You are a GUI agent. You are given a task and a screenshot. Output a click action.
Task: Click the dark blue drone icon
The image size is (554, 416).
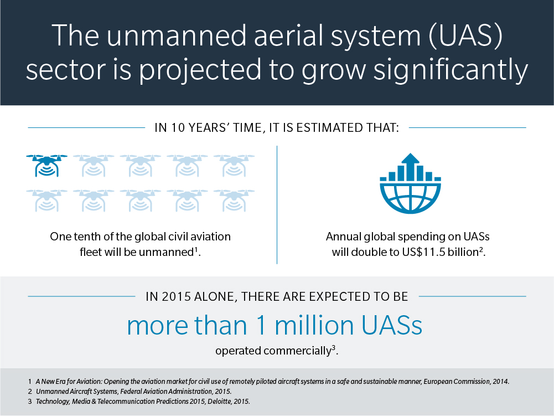coord(46,165)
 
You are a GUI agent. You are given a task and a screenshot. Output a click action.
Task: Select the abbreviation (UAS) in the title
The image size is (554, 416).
coord(465,35)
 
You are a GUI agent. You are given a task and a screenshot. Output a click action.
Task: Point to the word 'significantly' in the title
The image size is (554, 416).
coord(451,70)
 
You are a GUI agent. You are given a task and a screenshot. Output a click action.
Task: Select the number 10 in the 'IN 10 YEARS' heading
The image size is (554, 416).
coord(178,128)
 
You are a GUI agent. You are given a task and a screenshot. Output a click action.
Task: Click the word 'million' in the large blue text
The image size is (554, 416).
coord(314,325)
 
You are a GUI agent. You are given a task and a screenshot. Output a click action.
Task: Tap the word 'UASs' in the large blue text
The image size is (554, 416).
coord(392,325)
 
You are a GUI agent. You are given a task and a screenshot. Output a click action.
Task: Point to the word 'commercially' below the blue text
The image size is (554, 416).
coord(297,351)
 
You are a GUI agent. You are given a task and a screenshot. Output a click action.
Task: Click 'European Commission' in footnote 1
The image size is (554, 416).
coord(457,381)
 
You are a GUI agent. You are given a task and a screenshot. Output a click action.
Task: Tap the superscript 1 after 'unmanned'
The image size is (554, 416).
coord(196,249)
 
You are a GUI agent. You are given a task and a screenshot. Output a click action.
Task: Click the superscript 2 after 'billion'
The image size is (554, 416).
coord(481,249)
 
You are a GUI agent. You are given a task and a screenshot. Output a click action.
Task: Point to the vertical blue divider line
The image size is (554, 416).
coord(277,205)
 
